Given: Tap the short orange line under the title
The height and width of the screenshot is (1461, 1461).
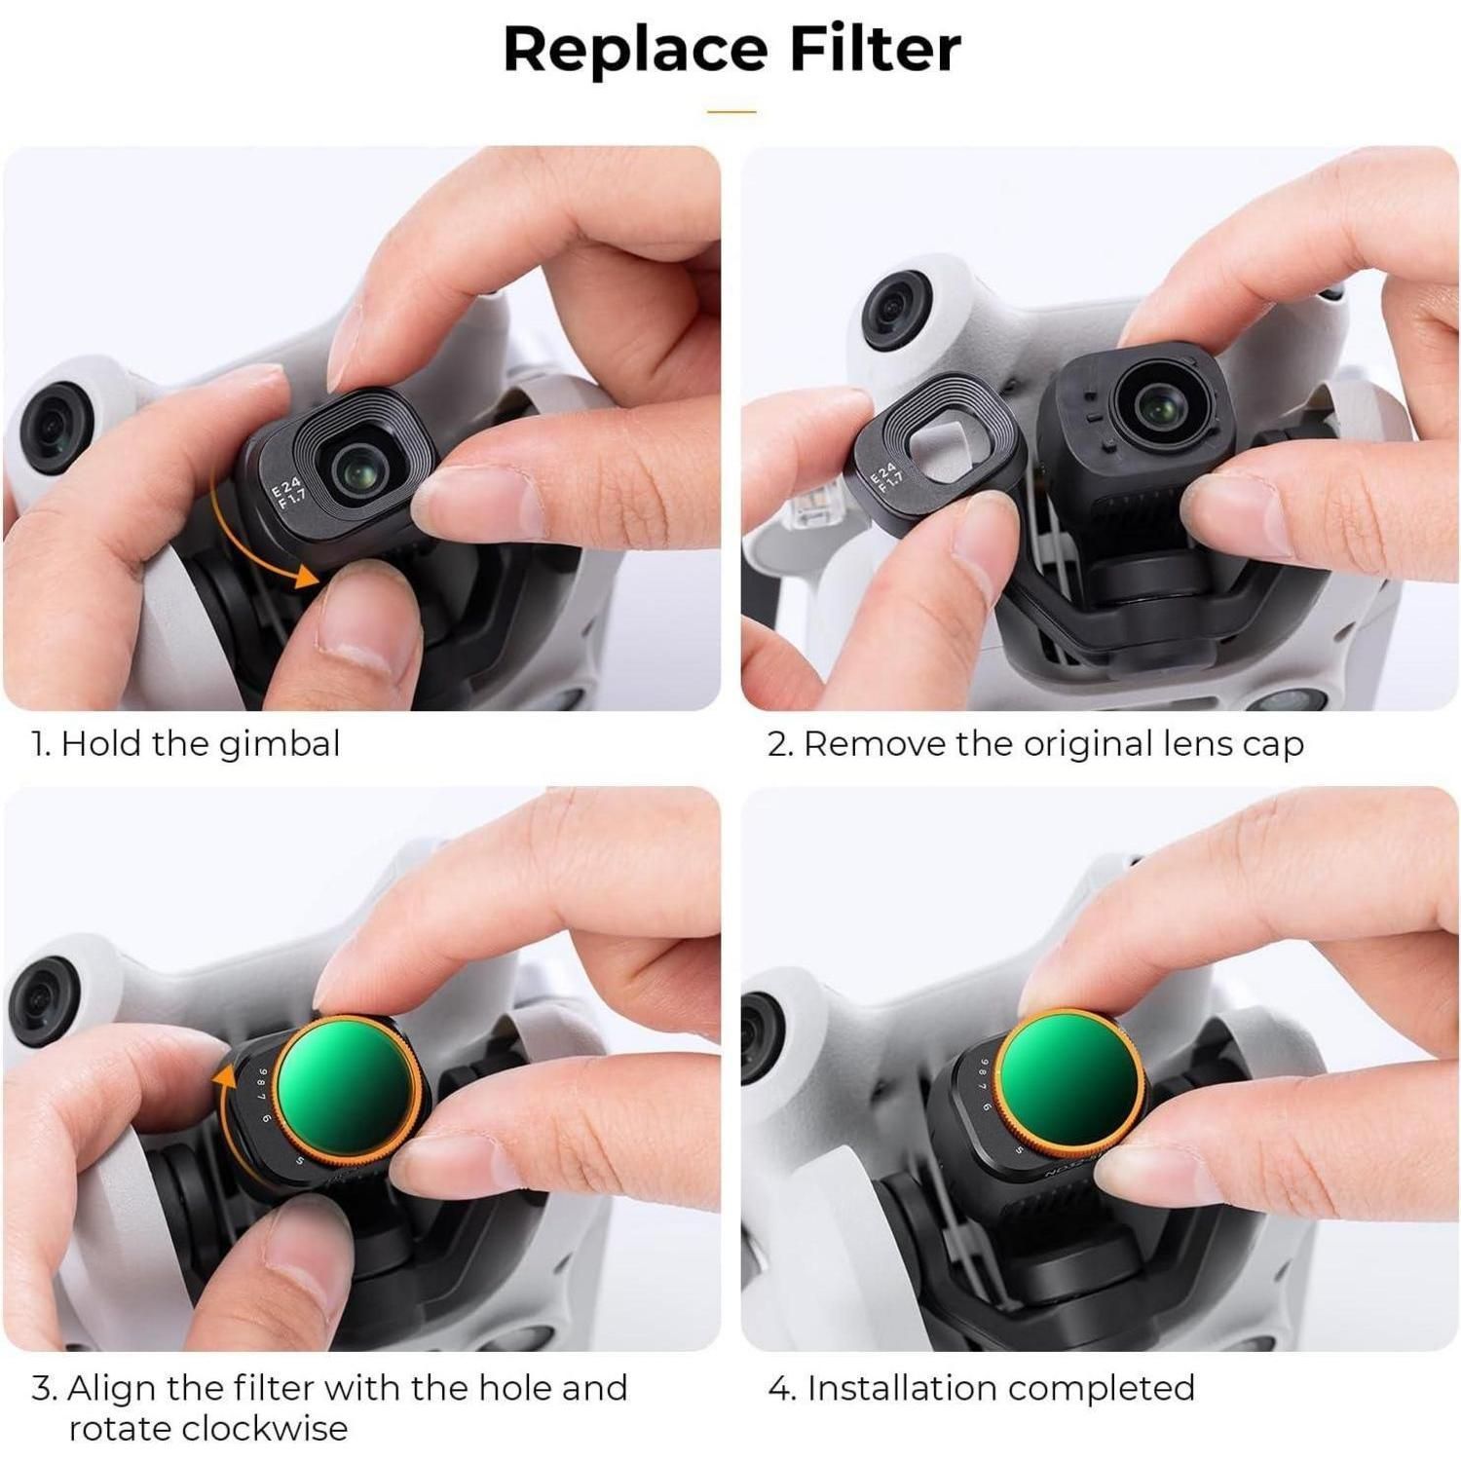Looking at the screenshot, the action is [x=731, y=112].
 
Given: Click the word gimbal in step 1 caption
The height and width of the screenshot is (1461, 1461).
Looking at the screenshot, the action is [x=280, y=745].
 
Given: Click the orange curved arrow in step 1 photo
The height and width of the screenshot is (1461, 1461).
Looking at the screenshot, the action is [x=255, y=534].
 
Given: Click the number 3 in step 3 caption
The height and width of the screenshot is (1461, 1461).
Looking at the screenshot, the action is [x=42, y=1389].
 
